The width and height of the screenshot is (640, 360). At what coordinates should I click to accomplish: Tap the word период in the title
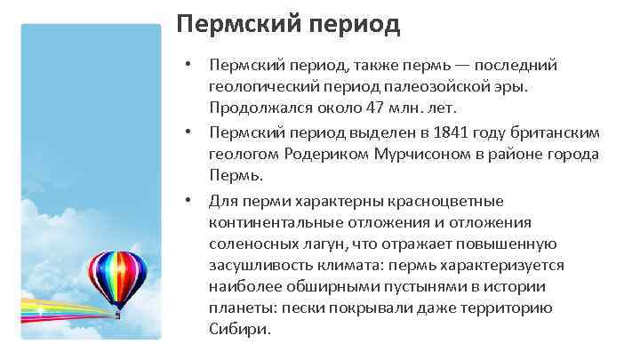352,24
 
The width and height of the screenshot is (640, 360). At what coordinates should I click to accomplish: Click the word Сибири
237,329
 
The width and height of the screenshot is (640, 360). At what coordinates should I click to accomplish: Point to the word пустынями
421,286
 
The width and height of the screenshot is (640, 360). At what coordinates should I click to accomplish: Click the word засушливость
258,265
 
